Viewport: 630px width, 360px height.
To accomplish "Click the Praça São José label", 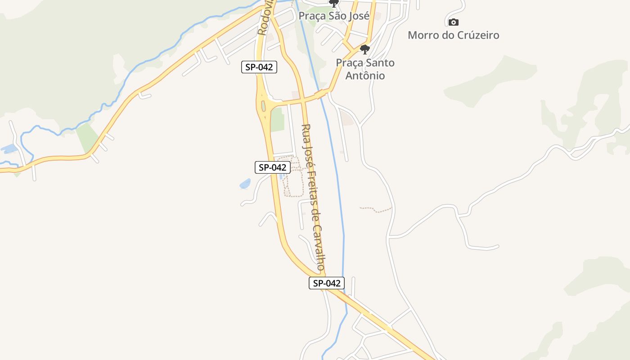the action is click(x=334, y=16).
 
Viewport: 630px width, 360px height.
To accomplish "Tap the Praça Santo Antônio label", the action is click(x=365, y=69).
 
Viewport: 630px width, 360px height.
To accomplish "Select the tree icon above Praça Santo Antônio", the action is click(x=365, y=49).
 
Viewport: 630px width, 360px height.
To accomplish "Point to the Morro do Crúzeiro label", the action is click(x=453, y=35).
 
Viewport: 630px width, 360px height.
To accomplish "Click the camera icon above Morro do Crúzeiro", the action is click(x=453, y=22).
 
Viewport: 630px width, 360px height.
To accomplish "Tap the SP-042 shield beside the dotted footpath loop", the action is click(x=273, y=167).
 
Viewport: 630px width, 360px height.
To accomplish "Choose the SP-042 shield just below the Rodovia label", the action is click(x=259, y=67).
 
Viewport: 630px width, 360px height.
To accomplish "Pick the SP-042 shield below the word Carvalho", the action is click(x=327, y=283).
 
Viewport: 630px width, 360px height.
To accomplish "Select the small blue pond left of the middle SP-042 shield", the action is click(x=245, y=184).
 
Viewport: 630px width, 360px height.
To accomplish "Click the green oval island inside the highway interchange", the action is click(x=263, y=106).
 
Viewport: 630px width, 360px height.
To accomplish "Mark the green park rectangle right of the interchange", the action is click(x=277, y=119).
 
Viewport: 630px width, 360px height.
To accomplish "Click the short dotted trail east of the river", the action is click(x=376, y=209).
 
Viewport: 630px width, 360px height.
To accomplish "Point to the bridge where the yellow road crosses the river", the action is click(x=321, y=94).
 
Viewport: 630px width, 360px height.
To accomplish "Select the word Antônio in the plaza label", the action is click(x=365, y=76).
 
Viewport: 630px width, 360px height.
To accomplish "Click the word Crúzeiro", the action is click(x=477, y=35).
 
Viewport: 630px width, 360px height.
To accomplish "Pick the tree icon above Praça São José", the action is click(x=333, y=4).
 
